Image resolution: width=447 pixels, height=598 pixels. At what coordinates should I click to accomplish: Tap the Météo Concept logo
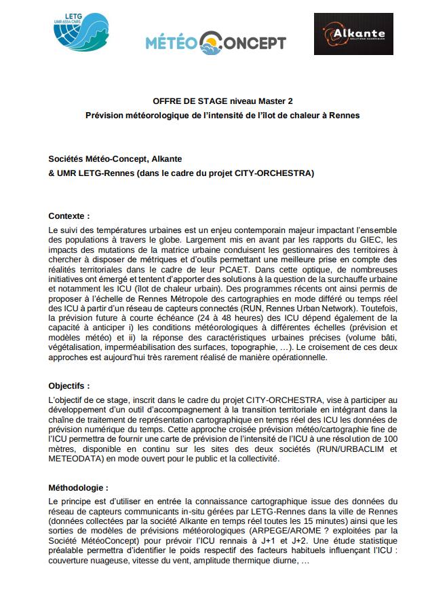216,42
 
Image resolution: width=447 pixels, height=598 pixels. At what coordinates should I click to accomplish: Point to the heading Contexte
69,215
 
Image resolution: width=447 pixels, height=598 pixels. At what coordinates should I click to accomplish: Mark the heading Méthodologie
78,487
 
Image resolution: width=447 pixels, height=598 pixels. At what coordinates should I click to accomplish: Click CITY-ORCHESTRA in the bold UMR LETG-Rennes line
274,173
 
